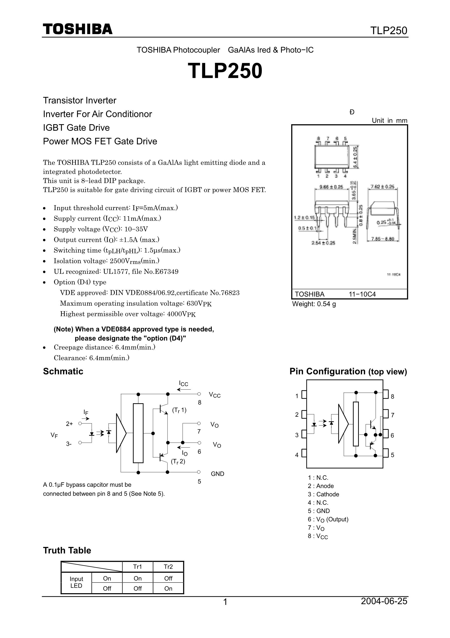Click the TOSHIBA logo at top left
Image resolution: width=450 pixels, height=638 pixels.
point(78,29)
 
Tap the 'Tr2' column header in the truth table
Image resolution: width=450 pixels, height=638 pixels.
point(168,567)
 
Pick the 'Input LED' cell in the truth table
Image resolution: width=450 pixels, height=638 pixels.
point(76,582)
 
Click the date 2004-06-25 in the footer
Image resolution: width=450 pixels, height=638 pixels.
point(384,601)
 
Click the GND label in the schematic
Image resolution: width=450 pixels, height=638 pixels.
point(217,474)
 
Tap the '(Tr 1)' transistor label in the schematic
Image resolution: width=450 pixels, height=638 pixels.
point(179,410)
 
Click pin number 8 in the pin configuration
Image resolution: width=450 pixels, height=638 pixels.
point(392,396)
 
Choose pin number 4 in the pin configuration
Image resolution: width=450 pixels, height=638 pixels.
point(297,455)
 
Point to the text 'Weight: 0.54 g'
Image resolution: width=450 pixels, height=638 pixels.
point(314,304)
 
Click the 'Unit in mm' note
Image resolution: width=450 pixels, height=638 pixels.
point(389,121)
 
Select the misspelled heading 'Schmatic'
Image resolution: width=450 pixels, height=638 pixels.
point(63,371)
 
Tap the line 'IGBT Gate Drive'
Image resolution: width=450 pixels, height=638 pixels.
point(76,128)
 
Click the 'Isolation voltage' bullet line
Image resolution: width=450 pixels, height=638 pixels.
point(106,261)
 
